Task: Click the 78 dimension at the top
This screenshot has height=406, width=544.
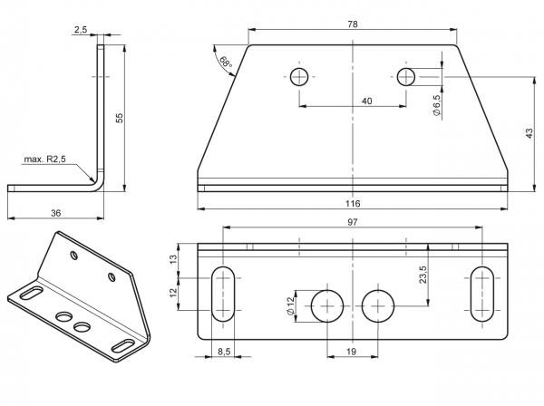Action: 352,24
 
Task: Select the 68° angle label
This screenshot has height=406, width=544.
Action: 226,62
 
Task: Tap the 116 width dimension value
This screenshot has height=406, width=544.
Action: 353,204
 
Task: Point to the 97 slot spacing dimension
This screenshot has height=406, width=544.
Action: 352,222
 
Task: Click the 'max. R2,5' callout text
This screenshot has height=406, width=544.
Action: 44,159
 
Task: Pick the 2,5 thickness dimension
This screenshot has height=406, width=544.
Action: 80,30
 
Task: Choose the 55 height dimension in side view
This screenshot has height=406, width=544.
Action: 120,118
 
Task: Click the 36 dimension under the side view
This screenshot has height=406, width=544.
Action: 55,213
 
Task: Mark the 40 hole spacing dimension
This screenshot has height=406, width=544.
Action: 366,101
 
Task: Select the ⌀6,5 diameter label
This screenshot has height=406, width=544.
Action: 436,105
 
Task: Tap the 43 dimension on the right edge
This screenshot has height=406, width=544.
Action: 529,133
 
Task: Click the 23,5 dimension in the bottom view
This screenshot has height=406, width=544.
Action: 423,275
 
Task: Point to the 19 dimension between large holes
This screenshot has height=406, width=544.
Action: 351,352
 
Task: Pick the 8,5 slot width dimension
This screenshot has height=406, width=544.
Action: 224,352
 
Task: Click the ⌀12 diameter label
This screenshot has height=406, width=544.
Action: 291,305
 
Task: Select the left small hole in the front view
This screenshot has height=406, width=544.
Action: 299,77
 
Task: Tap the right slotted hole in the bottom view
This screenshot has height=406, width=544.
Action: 482,294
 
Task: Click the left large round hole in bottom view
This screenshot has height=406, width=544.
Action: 327,306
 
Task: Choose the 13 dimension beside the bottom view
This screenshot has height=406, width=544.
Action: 173,260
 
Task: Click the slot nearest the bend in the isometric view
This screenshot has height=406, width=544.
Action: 32,293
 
